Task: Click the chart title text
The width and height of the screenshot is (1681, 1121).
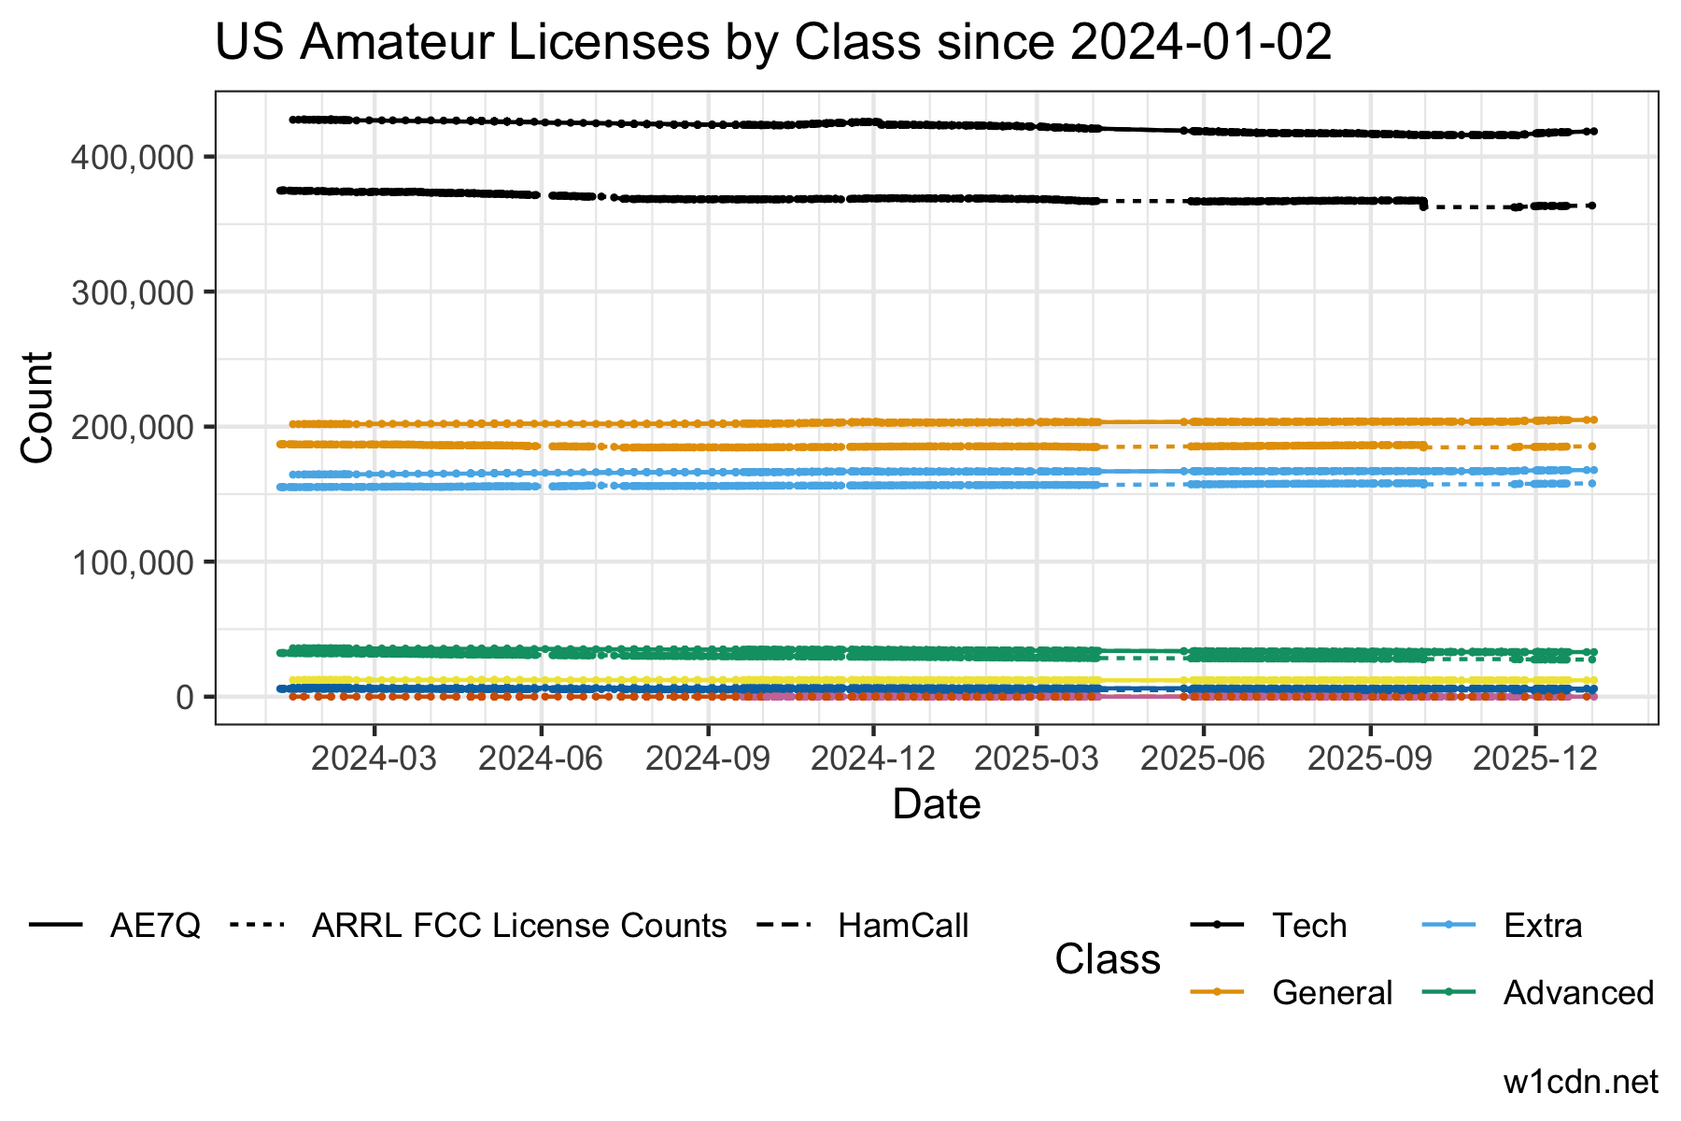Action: pos(773,43)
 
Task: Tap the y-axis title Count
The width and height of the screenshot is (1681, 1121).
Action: pos(37,407)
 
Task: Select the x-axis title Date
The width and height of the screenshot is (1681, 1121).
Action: pos(936,804)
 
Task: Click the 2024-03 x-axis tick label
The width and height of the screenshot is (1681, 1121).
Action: pos(374,759)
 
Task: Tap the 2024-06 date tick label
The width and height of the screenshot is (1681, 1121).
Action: pos(541,759)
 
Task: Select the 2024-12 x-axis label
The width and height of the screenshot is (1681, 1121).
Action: pos(873,759)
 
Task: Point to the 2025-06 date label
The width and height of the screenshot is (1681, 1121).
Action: pos(1203,759)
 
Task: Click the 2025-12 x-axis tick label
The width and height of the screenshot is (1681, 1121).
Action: pos(1534,759)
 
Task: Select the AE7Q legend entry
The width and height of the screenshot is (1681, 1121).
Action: pos(155,926)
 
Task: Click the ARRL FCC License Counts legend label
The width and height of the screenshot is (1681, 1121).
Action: pos(519,926)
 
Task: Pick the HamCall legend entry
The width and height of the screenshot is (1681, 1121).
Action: pos(903,926)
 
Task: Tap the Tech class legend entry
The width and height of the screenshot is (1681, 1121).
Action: pos(1309,926)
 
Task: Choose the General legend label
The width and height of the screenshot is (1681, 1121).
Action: pos(1332,992)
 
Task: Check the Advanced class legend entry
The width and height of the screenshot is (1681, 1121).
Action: pos(1578,992)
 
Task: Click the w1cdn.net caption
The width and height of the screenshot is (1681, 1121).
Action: pos(1581,1082)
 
